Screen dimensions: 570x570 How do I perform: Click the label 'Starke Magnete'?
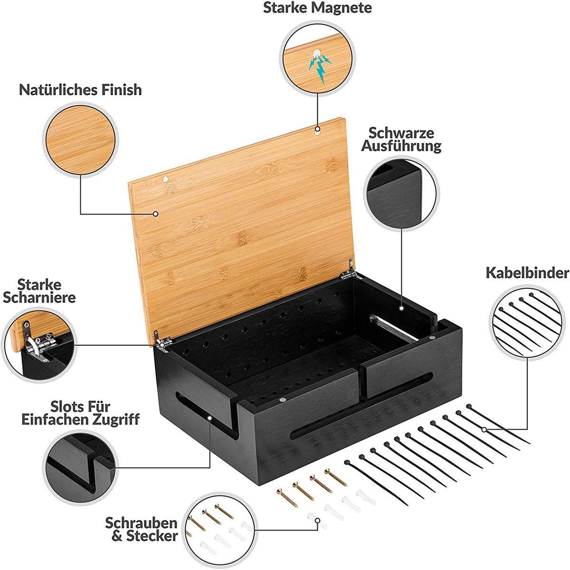[317, 8]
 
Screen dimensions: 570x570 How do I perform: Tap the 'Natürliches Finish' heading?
[80, 90]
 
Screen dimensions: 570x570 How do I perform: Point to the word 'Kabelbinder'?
[527, 273]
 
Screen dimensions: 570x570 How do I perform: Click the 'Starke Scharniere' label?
[39, 291]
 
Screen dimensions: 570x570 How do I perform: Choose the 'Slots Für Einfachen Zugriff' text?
[80, 413]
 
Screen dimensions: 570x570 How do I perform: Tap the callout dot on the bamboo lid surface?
[156, 214]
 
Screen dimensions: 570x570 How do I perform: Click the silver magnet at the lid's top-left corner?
[165, 179]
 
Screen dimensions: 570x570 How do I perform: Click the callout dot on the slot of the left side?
[209, 418]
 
